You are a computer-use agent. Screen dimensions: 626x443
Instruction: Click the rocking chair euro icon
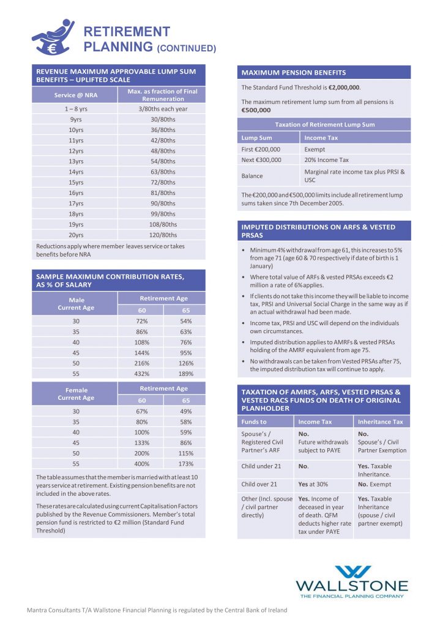pos(51,37)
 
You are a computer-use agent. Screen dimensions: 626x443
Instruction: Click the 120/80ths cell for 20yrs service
pos(163,235)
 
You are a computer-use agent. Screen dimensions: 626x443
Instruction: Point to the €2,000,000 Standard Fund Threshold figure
pos(348,87)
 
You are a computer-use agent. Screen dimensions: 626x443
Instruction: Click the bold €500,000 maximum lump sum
pos(256,110)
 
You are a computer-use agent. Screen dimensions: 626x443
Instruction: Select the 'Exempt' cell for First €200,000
pos(315,149)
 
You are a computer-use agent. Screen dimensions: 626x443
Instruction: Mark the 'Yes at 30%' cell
pos(313,484)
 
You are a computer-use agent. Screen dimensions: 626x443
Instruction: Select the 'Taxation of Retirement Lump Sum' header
pos(324,125)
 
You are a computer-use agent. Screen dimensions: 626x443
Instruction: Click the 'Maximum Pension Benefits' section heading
pos(294,73)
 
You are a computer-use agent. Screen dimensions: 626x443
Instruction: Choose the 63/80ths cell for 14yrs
pos(163,172)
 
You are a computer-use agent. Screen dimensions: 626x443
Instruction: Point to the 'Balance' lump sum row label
pos(253,176)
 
